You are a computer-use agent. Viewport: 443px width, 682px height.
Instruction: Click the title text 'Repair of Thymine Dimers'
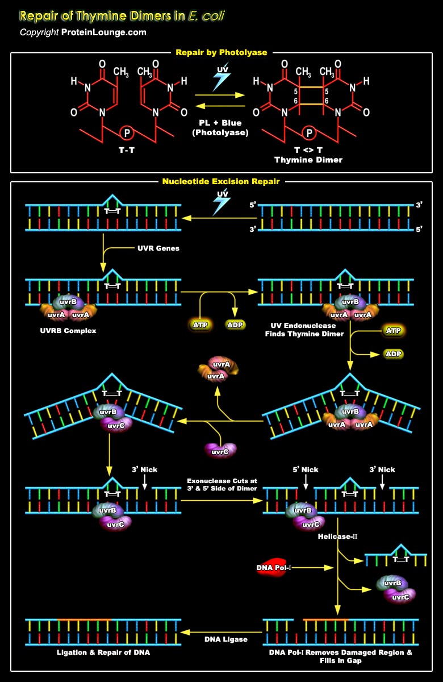[x=102, y=15]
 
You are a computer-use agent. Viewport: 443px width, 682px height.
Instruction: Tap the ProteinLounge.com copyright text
[x=83, y=32]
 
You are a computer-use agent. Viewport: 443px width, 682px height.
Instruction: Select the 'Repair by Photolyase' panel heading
[x=221, y=53]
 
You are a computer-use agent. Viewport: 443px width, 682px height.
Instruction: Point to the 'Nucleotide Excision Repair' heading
[x=221, y=182]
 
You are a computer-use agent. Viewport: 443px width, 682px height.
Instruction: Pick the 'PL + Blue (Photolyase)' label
[x=220, y=128]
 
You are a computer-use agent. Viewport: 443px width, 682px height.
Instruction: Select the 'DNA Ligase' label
[x=226, y=639]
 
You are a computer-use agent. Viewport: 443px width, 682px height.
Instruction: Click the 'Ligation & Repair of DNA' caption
[x=103, y=652]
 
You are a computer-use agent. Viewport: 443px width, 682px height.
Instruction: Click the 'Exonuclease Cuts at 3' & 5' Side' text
[x=221, y=485]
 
